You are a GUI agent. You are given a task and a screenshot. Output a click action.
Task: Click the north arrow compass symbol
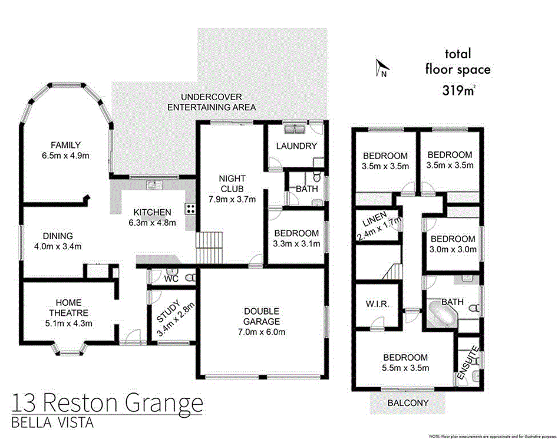click(x=381, y=69)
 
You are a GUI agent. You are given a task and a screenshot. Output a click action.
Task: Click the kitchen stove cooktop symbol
click(x=191, y=208)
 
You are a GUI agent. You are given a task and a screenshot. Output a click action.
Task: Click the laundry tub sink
click(x=292, y=129)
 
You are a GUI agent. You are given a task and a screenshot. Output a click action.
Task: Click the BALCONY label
click(x=408, y=403)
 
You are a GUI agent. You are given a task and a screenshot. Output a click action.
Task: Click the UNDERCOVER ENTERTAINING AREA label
click(x=212, y=102)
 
